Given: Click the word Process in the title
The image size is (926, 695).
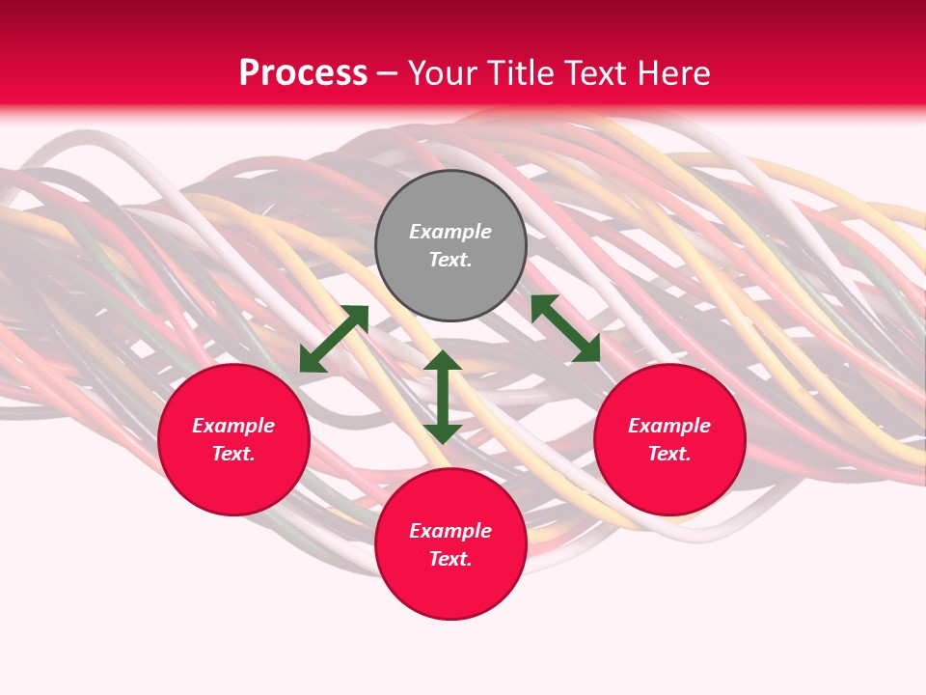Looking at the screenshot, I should tap(303, 73).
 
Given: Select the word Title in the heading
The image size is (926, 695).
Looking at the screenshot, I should tap(528, 73).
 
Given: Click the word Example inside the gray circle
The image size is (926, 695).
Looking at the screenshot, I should tap(450, 232).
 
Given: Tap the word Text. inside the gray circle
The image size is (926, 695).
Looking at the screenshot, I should tap(450, 260).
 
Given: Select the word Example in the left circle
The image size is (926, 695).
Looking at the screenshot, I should tap(233, 426).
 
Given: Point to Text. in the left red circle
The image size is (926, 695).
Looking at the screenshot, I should tap(233, 454).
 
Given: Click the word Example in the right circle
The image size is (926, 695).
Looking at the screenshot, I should tap(669, 426).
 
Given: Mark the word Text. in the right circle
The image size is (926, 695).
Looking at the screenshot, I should tap(669, 454).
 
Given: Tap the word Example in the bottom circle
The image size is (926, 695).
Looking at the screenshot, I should tap(450, 531).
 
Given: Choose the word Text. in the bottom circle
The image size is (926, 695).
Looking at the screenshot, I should tap(450, 559).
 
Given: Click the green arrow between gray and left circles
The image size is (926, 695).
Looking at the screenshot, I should tap(334, 339).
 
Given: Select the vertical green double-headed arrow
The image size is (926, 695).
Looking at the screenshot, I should tap(443, 397).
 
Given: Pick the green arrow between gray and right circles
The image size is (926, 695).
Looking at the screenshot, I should tap(565, 328).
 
